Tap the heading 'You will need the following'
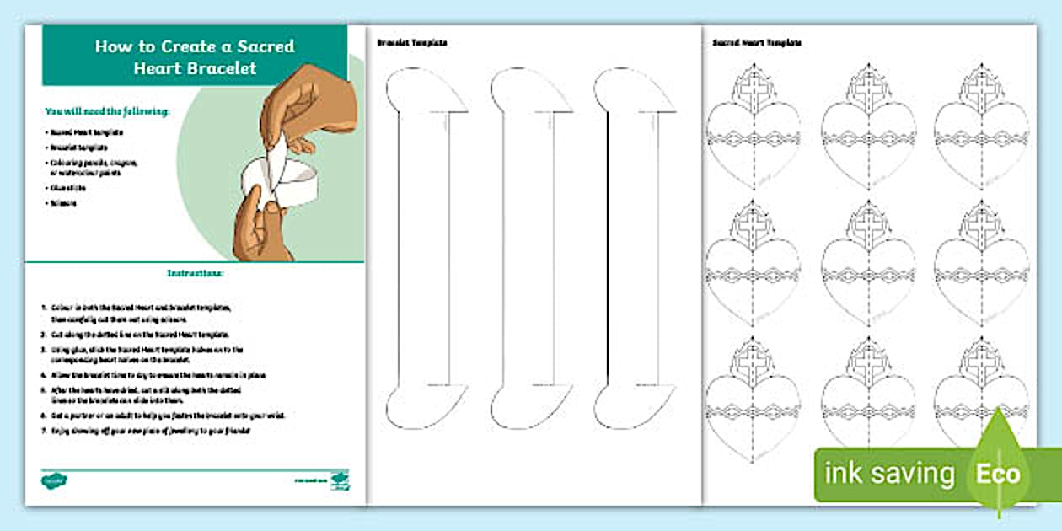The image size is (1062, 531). pyautogui.click(x=107, y=110)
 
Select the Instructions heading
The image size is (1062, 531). pyautogui.click(x=195, y=273)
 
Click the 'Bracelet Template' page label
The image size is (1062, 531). pyautogui.click(x=411, y=41)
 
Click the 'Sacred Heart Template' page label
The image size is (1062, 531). pyautogui.click(x=756, y=41)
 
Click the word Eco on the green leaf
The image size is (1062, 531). pyautogui.click(x=998, y=474)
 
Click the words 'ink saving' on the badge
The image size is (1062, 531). pyautogui.click(x=889, y=474)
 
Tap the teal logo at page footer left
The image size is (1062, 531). pyautogui.click(x=55, y=480)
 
